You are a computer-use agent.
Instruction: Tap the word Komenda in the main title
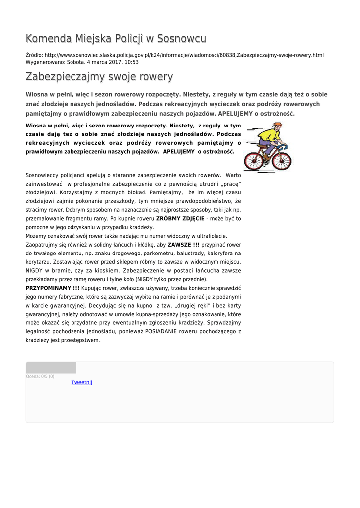pos(48,39)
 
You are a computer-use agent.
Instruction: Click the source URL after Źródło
pos(184,55)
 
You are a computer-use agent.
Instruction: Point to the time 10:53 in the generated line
pos(132,62)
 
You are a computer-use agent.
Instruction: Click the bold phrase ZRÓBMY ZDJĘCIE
pos(180,218)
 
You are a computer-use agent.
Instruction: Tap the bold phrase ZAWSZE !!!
pos(183,245)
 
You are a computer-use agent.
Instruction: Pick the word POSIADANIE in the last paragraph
pos(161,331)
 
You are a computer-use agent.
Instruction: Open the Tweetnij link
pos(82,382)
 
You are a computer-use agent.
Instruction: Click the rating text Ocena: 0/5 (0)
pos(40,376)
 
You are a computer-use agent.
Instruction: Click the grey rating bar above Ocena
pos(51,368)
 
